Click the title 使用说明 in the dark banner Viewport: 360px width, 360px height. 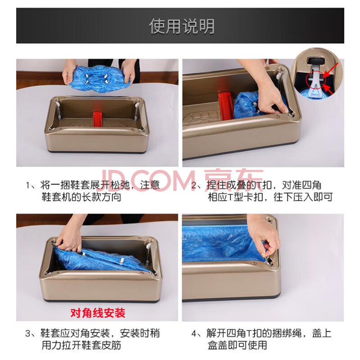[x=182, y=27]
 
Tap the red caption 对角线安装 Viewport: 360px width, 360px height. [x=98, y=313]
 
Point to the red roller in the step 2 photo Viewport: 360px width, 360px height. [x=226, y=106]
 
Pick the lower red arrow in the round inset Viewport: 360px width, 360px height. [x=328, y=89]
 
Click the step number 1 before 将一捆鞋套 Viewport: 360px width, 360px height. [x=28, y=185]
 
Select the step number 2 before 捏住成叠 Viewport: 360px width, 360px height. [x=194, y=185]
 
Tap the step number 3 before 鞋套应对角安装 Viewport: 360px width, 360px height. [x=28, y=333]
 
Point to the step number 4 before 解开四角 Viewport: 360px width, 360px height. [x=194, y=333]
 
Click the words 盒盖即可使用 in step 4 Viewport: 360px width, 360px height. [x=237, y=345]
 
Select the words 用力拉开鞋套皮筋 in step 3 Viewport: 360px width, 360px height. [x=81, y=345]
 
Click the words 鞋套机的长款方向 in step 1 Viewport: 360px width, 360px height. [x=81, y=197]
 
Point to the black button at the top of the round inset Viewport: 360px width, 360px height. [x=316, y=60]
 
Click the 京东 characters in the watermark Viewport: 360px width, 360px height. [x=233, y=180]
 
